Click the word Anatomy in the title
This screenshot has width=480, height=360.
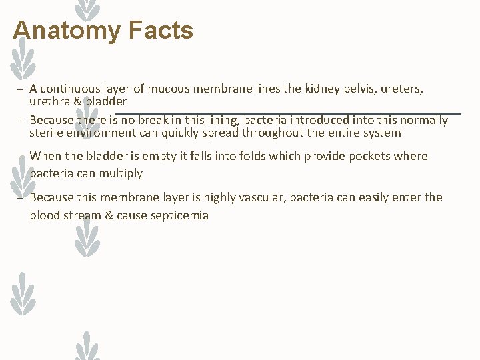[65, 31]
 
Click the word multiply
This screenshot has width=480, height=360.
[121, 173]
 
